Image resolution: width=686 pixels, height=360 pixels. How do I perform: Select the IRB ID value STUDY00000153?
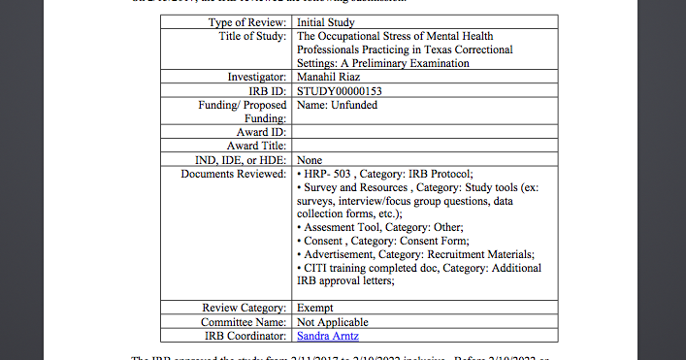pos(340,91)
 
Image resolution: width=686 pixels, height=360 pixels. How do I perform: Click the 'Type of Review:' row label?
pos(247,21)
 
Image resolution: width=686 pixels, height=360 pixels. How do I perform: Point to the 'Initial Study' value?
pos(325,21)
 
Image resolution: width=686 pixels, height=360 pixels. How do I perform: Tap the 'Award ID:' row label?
pos(262,132)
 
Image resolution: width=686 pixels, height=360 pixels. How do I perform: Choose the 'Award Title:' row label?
pos(256,146)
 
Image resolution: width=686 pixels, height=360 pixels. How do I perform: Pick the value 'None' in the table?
pos(310,159)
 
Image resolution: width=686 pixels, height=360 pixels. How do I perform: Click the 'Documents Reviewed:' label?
pos(234,174)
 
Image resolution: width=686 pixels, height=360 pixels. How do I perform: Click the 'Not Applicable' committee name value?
pos(333,322)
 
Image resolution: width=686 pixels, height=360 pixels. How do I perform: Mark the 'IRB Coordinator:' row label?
pos(245,336)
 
